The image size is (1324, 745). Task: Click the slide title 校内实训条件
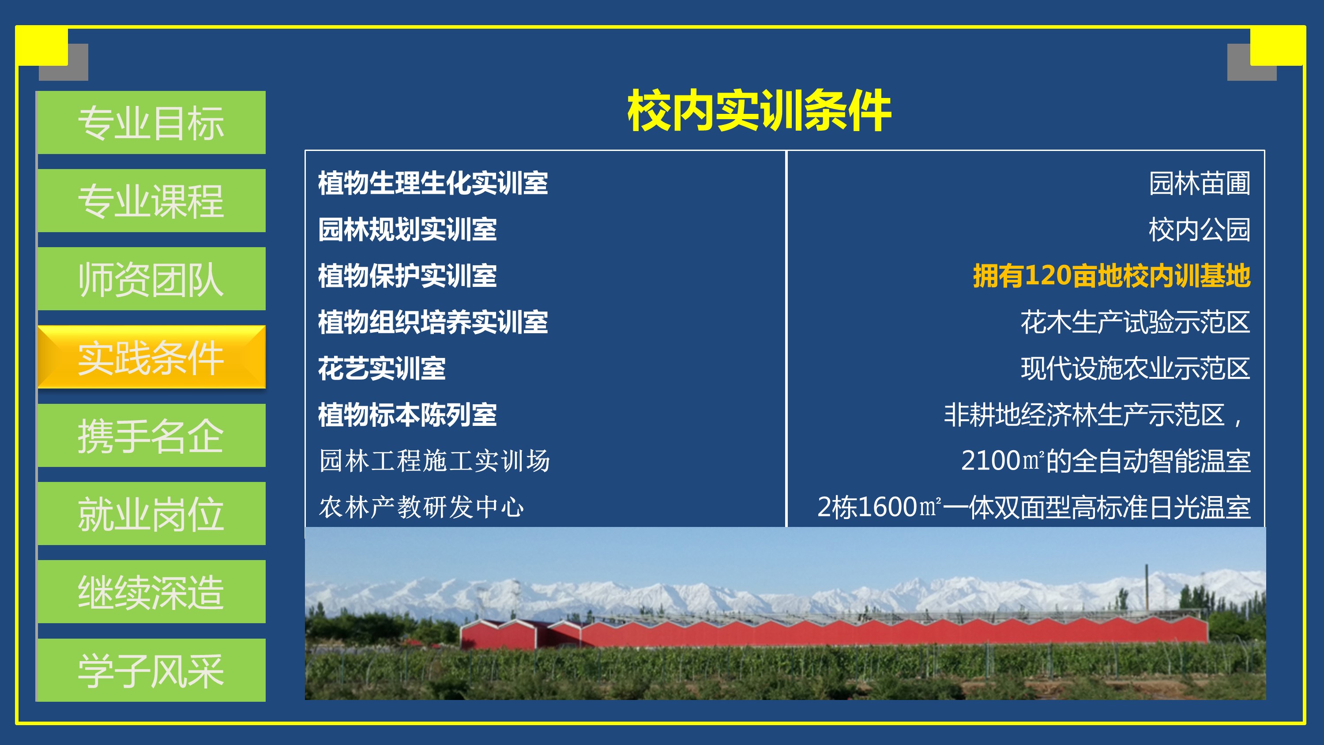[759, 110]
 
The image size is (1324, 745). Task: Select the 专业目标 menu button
[152, 122]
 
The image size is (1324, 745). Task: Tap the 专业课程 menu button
[152, 200]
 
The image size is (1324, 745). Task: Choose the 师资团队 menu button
[152, 278]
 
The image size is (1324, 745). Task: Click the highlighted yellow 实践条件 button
[152, 357]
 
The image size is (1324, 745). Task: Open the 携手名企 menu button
[152, 436]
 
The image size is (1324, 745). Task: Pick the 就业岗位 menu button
[152, 514]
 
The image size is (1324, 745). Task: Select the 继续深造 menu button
[152, 592]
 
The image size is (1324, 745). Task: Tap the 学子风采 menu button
[152, 670]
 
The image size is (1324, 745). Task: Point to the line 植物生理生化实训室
[433, 183]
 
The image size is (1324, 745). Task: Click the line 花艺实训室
[381, 368]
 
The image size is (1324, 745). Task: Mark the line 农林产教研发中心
[421, 507]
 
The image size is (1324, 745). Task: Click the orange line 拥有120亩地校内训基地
[1112, 275]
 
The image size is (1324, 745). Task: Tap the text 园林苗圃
[1200, 183]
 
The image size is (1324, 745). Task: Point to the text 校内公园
[1200, 230]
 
